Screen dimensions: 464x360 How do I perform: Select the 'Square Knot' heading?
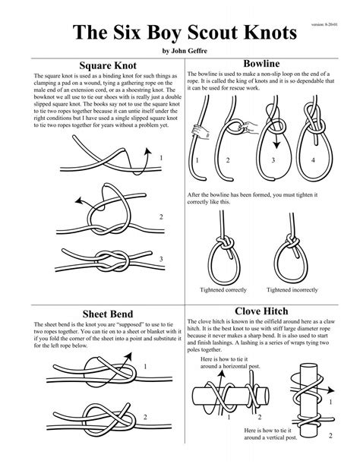click(x=102, y=65)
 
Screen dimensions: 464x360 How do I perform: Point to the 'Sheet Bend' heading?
click(x=102, y=314)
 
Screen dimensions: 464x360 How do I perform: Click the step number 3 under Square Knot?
click(x=161, y=260)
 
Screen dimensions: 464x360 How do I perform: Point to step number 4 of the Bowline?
click(x=312, y=161)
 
